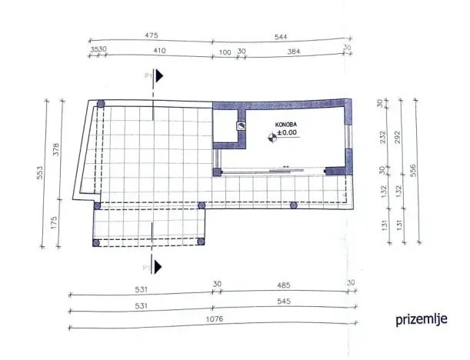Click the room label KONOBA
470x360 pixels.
[288, 124]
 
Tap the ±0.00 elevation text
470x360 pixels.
[288, 132]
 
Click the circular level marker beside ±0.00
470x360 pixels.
[271, 138]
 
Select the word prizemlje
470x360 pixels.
[422, 318]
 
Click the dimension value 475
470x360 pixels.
[151, 35]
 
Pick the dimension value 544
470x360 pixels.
[280, 35]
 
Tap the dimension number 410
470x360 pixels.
[159, 51]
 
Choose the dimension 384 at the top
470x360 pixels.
[292, 51]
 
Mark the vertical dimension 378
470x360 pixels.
[55, 150]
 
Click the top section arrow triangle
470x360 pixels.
[159, 75]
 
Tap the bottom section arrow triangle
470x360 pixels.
[159, 267]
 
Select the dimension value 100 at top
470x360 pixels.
[225, 51]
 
